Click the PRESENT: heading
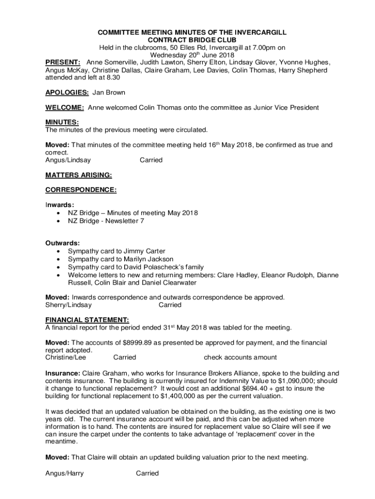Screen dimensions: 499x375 [63, 62]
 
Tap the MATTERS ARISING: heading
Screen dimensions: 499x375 [78, 175]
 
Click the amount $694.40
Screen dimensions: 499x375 [259, 388]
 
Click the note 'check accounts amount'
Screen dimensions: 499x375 [240, 357]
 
